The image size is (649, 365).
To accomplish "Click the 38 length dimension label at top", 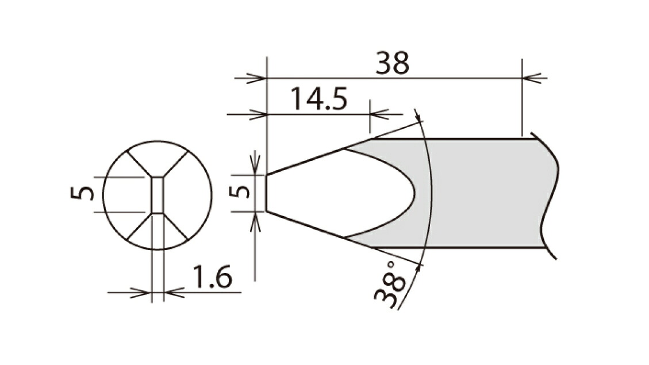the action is pos(393,63).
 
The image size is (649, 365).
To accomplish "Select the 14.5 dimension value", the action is pos(318,99).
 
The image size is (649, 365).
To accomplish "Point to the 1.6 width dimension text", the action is pos(212,277).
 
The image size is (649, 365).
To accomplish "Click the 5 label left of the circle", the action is pos(82,193).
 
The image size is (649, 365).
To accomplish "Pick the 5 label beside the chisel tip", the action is pos(240,191).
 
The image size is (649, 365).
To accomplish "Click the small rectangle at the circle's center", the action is pos(158,195).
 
